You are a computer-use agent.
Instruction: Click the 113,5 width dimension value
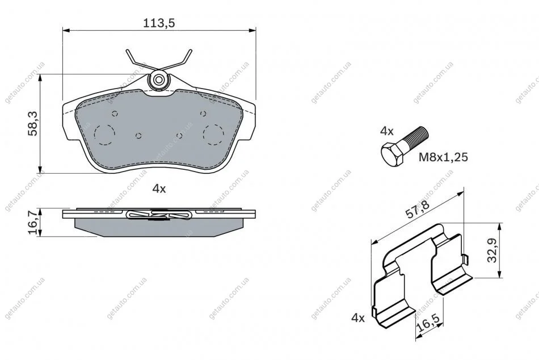[159, 23]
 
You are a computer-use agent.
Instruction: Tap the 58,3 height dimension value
[33, 123]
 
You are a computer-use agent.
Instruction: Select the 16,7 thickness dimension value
[33, 223]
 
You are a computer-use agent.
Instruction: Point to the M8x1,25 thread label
[444, 157]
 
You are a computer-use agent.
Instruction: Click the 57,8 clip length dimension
[418, 210]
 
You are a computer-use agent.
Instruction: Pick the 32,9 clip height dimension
[492, 250]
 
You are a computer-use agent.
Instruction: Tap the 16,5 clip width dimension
[428, 324]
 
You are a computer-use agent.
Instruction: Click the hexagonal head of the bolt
[392, 155]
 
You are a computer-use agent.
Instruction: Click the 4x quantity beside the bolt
[387, 131]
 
